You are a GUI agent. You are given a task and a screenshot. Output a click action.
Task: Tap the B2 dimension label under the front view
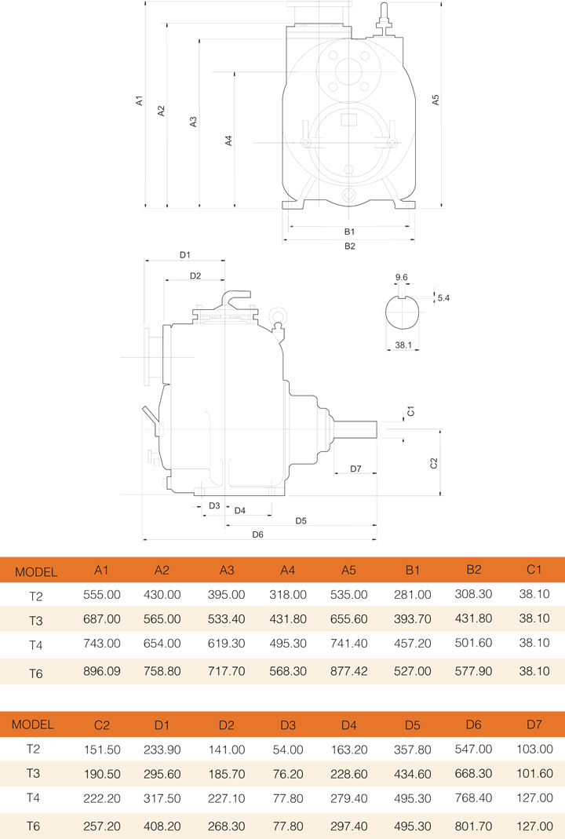tap(350, 246)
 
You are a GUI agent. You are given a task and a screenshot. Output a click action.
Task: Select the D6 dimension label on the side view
tap(257, 534)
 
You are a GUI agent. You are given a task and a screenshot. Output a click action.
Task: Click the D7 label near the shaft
tap(355, 469)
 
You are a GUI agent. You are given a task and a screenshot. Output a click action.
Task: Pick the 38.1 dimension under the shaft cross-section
tap(404, 345)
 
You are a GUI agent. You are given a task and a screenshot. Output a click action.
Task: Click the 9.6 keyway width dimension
tap(402, 277)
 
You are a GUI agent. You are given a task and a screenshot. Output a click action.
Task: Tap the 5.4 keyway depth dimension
tap(443, 298)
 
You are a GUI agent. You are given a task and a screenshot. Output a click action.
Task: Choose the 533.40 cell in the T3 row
tap(227, 620)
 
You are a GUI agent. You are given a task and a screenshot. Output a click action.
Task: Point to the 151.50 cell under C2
tap(102, 750)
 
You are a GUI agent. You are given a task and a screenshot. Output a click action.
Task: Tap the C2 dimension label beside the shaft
tap(434, 463)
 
